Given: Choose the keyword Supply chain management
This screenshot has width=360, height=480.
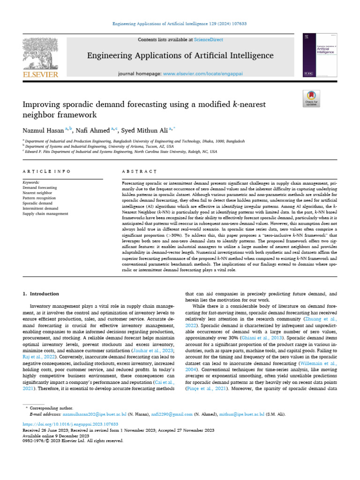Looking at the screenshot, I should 45,213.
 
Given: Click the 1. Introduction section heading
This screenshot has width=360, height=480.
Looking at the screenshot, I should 41,294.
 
